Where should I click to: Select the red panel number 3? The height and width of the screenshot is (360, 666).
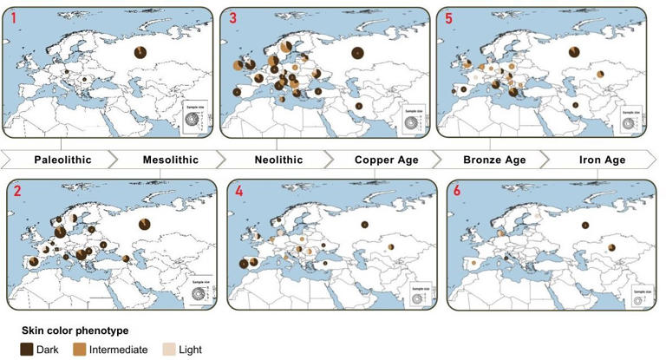click(x=232, y=17)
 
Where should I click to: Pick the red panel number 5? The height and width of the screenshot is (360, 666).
click(x=448, y=17)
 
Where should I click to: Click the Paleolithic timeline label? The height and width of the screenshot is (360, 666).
click(x=63, y=160)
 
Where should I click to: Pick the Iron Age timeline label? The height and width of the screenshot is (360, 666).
click(x=597, y=160)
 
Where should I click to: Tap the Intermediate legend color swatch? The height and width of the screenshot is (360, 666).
click(x=78, y=350)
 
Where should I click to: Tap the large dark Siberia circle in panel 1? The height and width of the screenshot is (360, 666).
click(x=141, y=53)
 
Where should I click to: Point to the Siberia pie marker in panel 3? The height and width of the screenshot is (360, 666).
click(x=356, y=53)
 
